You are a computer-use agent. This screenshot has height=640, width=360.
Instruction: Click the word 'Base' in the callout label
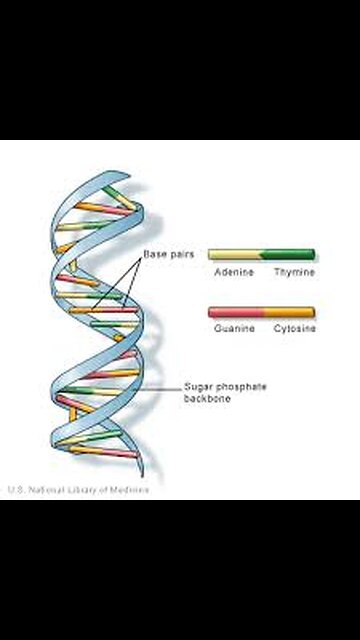point(153,255)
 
